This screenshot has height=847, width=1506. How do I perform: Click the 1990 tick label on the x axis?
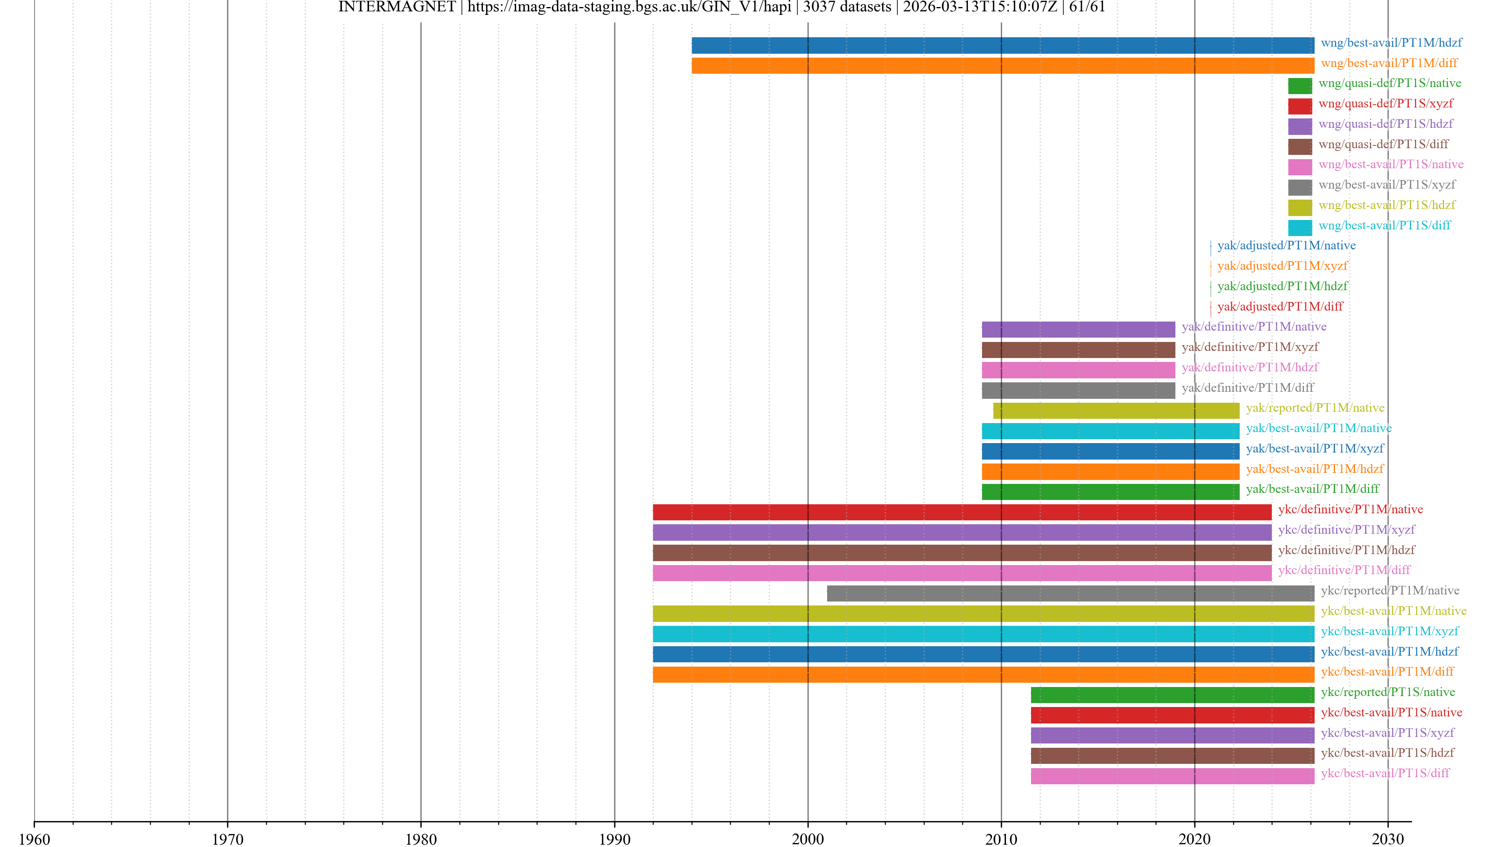[x=615, y=839]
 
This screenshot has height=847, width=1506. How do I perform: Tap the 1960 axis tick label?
[x=35, y=839]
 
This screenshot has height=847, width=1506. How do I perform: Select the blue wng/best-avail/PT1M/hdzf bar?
[x=1003, y=45]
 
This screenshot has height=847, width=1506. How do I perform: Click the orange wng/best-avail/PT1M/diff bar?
[x=1003, y=65]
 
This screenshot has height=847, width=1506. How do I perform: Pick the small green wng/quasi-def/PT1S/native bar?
[x=1300, y=86]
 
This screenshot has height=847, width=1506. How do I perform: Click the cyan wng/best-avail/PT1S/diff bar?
[x=1300, y=228]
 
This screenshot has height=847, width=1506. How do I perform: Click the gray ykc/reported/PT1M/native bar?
[x=1070, y=593]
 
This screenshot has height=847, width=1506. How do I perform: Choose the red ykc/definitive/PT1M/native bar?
[x=962, y=512]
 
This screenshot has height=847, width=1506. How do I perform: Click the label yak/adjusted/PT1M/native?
[x=1286, y=245]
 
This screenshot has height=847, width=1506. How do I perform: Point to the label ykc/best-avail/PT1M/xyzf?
[x=1389, y=631]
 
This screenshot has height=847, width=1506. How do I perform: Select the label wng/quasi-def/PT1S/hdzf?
[x=1386, y=124]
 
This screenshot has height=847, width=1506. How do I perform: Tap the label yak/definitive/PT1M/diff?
[x=1248, y=387]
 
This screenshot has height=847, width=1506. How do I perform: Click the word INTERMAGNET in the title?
[x=397, y=7]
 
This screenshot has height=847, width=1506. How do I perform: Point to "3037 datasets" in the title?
[x=847, y=7]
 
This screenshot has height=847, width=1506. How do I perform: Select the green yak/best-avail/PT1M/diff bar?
[x=1110, y=492]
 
